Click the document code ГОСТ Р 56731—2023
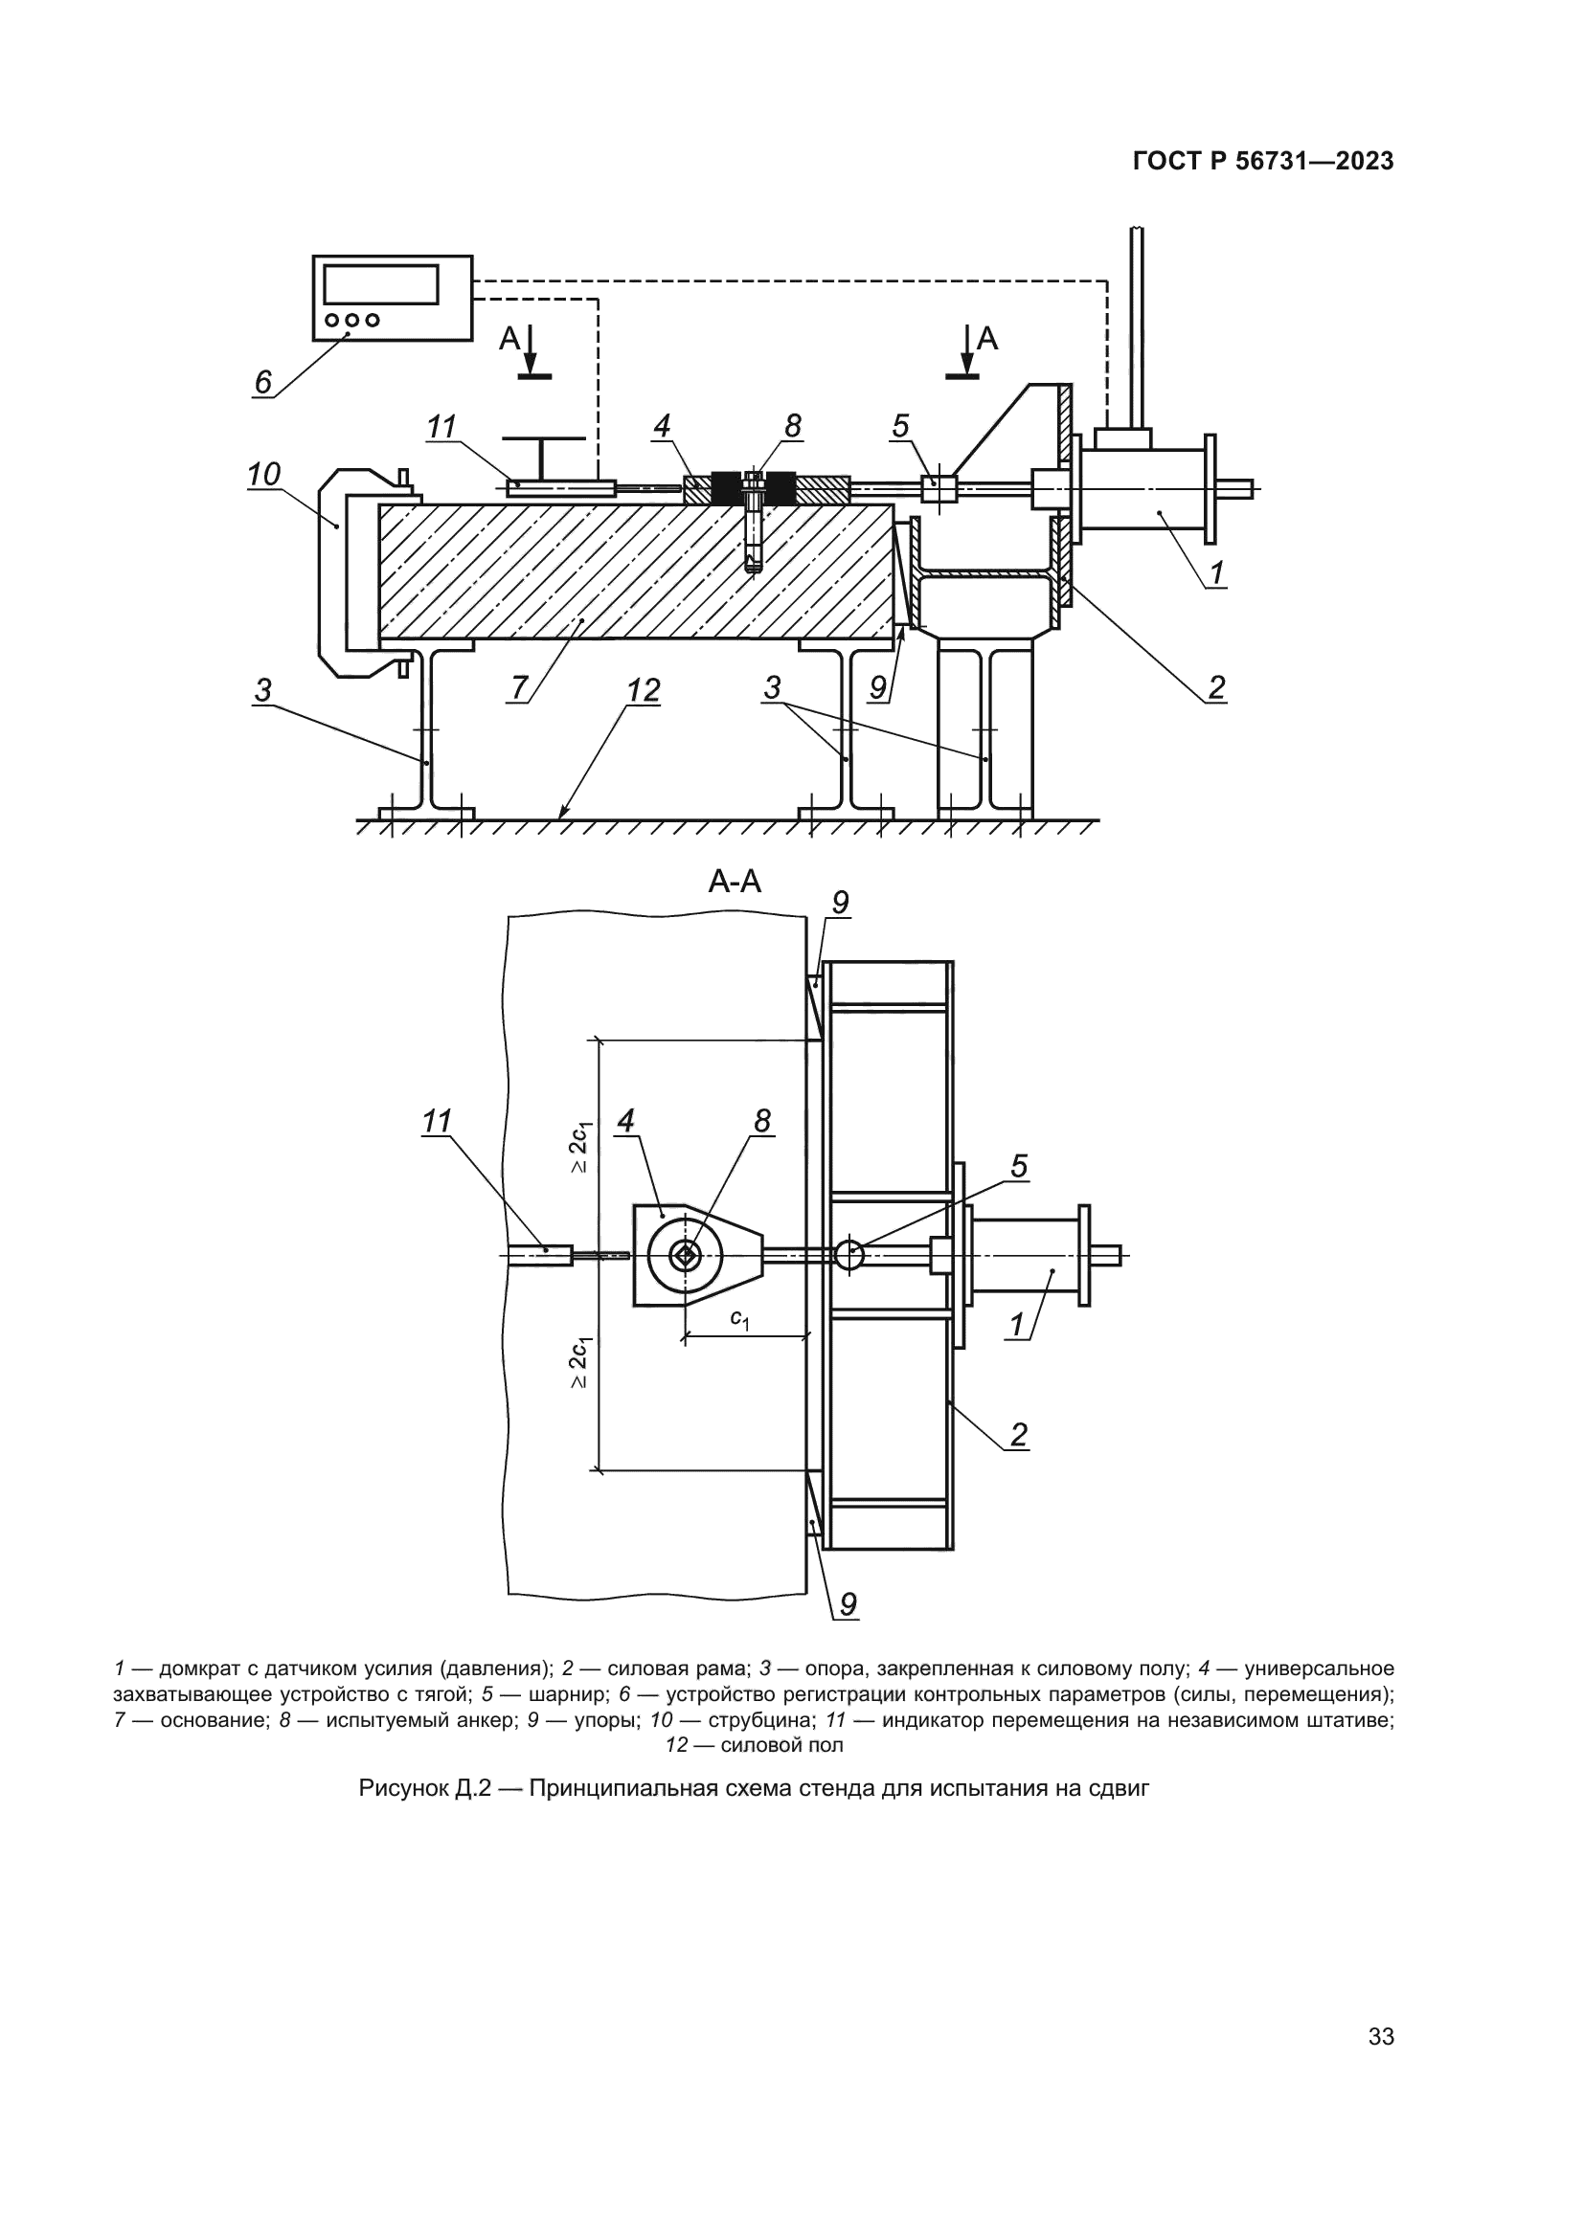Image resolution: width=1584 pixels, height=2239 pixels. click(1263, 162)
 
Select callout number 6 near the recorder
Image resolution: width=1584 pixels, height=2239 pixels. click(262, 382)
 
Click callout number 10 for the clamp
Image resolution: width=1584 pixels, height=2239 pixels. click(263, 474)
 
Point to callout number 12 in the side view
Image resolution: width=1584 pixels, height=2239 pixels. click(644, 690)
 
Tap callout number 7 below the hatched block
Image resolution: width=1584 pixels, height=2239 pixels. click(519, 687)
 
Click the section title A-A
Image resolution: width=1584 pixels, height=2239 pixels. click(735, 882)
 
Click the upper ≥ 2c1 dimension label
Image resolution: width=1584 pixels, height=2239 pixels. click(580, 1148)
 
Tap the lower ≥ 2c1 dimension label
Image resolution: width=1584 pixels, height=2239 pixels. click(580, 1362)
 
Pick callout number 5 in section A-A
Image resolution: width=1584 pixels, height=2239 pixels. click(1018, 1166)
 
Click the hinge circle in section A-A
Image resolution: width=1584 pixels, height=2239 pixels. click(849, 1255)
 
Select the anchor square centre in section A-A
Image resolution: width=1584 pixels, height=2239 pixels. click(687, 1256)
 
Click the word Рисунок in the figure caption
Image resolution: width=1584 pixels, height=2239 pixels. click(403, 1789)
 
